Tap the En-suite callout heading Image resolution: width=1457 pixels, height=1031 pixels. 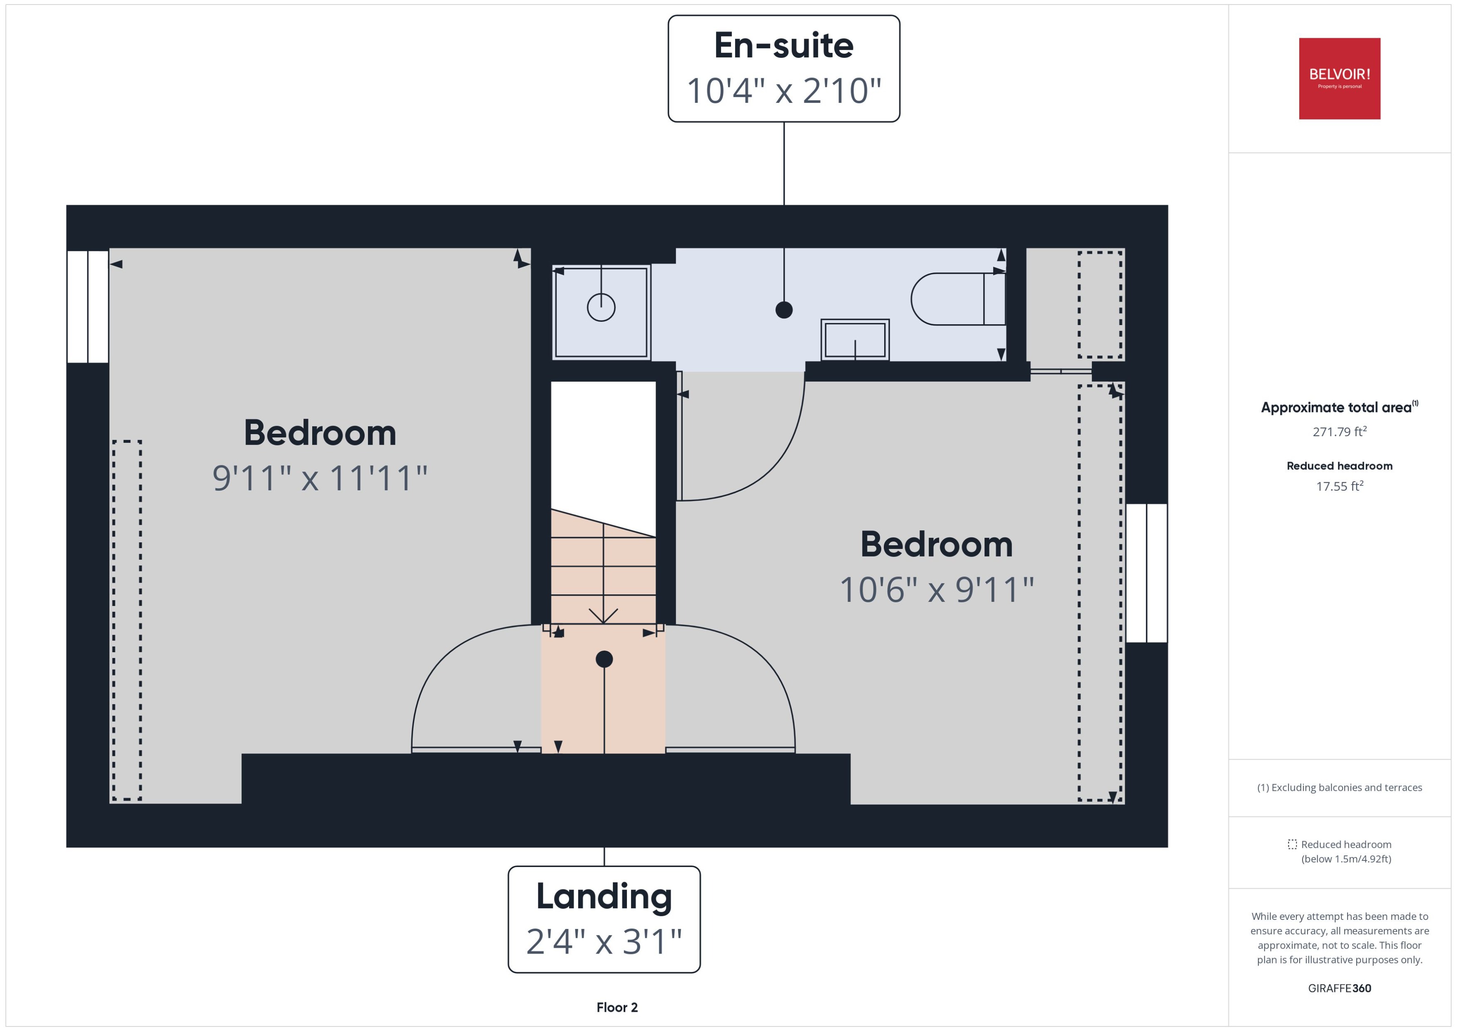tap(783, 46)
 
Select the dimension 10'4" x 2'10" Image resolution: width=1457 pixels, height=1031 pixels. tap(783, 91)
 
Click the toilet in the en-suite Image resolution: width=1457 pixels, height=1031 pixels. tap(955, 299)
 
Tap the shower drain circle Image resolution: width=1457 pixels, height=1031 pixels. tap(601, 308)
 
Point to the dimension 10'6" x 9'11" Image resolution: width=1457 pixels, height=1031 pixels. tap(936, 590)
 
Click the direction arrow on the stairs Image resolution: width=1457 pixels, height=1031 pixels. tap(603, 614)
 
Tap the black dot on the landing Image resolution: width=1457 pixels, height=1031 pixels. tap(604, 659)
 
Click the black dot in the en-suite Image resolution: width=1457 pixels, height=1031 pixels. tap(783, 310)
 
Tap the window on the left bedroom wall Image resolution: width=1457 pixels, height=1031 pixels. tap(87, 307)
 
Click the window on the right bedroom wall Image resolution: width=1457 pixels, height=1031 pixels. tap(1146, 573)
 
